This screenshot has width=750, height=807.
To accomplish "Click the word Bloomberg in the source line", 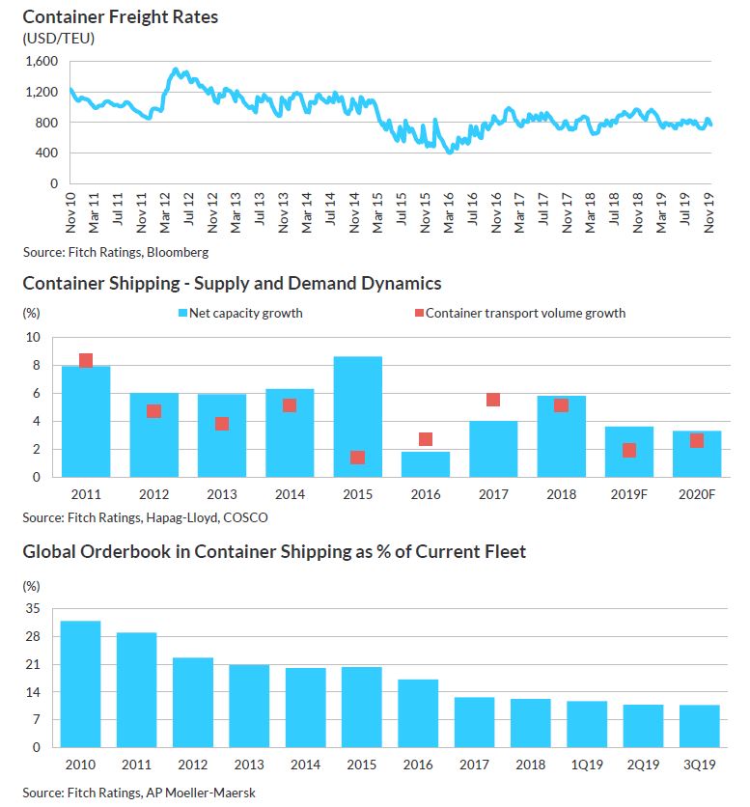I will [179, 252].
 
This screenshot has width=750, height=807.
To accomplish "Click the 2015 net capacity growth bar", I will [358, 417].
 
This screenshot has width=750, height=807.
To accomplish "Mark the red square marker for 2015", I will [358, 458].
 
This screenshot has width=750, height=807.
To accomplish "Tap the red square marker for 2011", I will [86, 360].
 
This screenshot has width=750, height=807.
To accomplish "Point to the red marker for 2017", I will [493, 400].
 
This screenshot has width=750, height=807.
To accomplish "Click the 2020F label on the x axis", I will [697, 494].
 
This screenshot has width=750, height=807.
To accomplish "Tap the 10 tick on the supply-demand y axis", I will [35, 338].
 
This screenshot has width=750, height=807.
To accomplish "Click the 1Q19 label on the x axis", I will [587, 765].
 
